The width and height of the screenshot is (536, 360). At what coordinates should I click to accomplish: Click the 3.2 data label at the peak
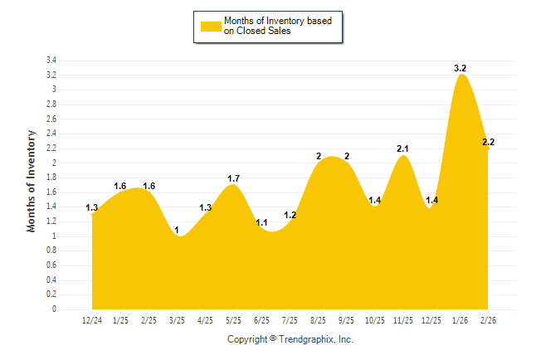(460, 68)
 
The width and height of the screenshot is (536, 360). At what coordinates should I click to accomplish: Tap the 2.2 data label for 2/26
(488, 143)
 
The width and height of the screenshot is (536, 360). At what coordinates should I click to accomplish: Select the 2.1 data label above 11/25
(402, 148)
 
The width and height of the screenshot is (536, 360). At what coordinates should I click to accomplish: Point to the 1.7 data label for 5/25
(233, 178)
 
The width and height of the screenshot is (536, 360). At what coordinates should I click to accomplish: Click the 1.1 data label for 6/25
(262, 222)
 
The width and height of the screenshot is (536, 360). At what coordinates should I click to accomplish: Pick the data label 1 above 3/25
(177, 230)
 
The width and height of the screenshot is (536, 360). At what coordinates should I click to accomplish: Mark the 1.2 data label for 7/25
(290, 215)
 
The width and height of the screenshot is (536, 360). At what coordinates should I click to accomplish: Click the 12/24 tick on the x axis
(92, 320)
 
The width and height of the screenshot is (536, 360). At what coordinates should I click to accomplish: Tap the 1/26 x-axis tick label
(460, 320)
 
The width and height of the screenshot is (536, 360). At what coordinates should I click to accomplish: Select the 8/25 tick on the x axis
(319, 320)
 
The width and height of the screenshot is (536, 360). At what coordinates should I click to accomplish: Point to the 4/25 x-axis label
(205, 320)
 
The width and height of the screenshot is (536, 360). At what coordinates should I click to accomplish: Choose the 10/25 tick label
(375, 320)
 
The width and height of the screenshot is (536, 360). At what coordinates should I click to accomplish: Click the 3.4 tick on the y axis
(51, 61)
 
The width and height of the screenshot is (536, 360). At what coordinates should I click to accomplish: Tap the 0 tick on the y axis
(54, 309)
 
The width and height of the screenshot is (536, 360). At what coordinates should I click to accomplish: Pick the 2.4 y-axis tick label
(51, 134)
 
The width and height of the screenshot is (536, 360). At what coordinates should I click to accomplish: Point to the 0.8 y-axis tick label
(51, 251)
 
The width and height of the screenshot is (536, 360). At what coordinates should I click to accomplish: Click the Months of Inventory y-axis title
(32, 180)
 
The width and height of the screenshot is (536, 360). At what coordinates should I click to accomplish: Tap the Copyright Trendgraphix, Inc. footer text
(290, 339)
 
